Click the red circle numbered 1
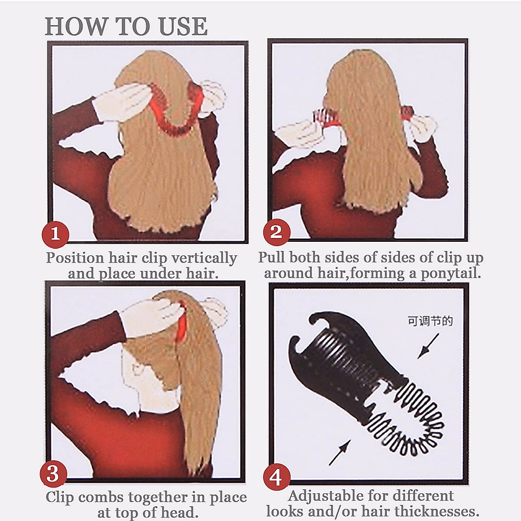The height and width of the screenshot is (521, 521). (55, 235)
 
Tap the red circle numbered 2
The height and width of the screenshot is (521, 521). (277, 232)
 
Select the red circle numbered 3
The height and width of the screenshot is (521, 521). (53, 474)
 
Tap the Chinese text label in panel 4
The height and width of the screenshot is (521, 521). (430, 321)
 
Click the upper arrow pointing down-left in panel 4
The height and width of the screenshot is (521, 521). (428, 346)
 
